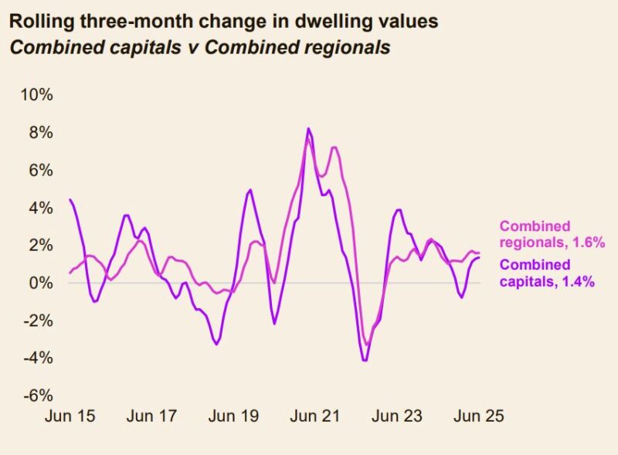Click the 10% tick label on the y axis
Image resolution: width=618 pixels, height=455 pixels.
click(36, 95)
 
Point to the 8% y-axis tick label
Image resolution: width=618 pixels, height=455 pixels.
click(40, 133)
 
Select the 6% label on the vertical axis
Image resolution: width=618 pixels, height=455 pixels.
click(40, 170)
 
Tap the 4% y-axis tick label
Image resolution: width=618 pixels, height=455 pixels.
click(40, 208)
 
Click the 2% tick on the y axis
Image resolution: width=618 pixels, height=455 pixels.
click(40, 245)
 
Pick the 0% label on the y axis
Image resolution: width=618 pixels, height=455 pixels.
click(40, 283)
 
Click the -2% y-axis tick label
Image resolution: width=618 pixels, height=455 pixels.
click(37, 321)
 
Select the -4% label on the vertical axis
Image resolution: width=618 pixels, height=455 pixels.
click(37, 358)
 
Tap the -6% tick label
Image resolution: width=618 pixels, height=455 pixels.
click(37, 396)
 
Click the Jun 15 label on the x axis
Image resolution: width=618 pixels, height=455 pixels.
click(70, 416)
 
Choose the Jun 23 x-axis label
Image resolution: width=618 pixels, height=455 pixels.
click(398, 416)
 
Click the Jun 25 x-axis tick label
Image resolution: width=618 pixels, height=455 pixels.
click(478, 416)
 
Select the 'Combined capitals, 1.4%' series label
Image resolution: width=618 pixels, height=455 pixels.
click(547, 273)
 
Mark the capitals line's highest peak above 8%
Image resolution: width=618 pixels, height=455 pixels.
click(309, 128)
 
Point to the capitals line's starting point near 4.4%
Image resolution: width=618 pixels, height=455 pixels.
click(70, 200)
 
